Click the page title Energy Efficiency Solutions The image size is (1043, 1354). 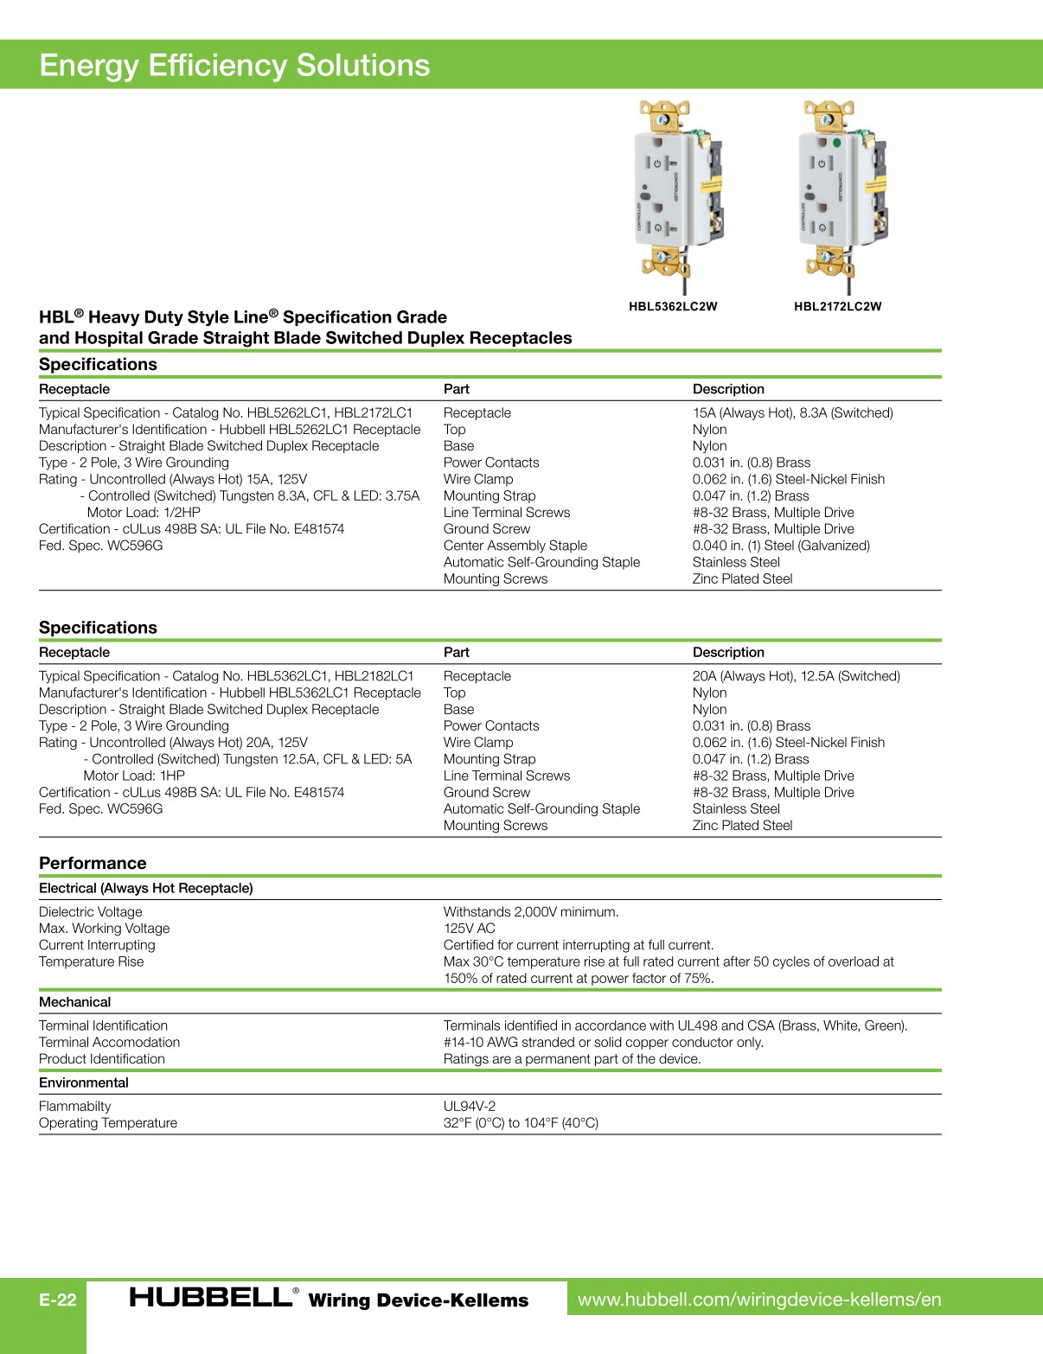(x=234, y=66)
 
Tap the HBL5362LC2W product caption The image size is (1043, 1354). (x=673, y=306)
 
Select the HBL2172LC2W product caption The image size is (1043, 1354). (x=837, y=306)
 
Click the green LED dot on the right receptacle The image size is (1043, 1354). (x=836, y=143)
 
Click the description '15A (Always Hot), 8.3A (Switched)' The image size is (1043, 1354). (x=792, y=413)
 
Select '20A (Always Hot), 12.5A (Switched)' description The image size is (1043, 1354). (x=796, y=676)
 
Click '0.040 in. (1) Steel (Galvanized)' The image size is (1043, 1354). (x=781, y=546)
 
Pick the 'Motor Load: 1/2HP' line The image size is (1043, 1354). (x=144, y=513)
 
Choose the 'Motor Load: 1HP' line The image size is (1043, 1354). (x=134, y=776)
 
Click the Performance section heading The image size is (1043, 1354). (x=93, y=863)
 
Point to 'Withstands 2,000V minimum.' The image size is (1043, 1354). (x=531, y=912)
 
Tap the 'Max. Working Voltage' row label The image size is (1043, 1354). (x=104, y=929)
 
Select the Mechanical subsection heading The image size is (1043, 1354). (x=75, y=1002)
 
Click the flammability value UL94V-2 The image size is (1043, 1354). (x=470, y=1107)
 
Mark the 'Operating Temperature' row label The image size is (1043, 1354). (x=108, y=1123)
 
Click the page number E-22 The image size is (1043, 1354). (x=58, y=1300)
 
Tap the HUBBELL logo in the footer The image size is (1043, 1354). (x=212, y=1298)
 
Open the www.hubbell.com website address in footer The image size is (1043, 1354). (x=759, y=1300)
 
